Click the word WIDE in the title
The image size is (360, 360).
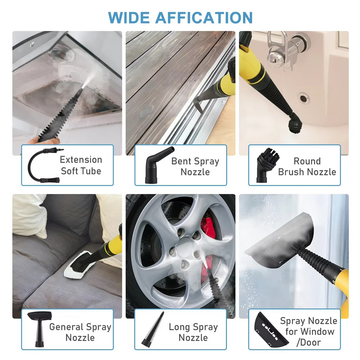click(129, 17)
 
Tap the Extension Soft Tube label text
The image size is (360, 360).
click(80, 165)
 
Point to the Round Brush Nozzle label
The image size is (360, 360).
click(306, 166)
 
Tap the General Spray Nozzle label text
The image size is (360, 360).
click(80, 332)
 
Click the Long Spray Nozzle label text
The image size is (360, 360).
click(193, 332)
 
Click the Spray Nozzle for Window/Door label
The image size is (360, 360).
click(308, 331)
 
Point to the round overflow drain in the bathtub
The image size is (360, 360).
click(303, 98)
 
